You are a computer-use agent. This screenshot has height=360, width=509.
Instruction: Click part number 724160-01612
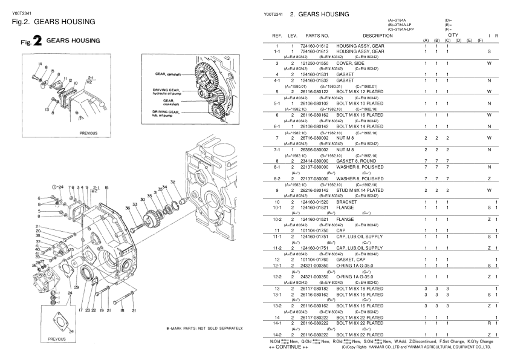310,47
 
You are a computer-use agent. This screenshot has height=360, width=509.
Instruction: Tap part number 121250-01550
310,63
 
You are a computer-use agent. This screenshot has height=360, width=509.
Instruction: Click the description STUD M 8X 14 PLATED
366,191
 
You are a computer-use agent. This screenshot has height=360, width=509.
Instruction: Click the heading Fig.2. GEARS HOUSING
53,22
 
